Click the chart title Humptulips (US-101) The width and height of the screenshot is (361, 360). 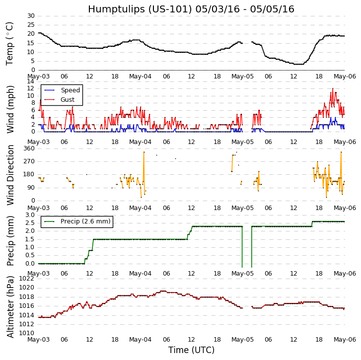[x=191, y=9]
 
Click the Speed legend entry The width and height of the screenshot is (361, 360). [x=70, y=90]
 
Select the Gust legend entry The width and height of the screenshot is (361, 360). [x=68, y=100]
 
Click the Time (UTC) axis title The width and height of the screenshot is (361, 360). [x=191, y=350]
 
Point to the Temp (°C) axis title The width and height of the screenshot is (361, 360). [x=10, y=43]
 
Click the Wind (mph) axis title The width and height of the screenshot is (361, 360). [x=10, y=109]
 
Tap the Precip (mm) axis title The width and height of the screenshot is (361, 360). [x=10, y=240]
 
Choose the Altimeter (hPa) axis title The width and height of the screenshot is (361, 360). [x=10, y=306]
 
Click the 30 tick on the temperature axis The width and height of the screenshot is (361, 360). [x=31, y=16]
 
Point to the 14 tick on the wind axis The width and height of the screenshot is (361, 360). [x=31, y=81]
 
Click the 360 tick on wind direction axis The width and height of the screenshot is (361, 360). [x=29, y=148]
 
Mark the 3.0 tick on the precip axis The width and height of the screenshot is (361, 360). [x=30, y=215]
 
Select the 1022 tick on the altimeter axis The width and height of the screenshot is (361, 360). [x=27, y=279]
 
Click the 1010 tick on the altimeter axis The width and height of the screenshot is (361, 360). [x=27, y=333]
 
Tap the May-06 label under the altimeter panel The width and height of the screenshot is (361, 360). [x=345, y=340]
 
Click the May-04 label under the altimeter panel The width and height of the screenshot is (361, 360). [x=141, y=340]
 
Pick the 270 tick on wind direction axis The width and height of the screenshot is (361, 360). [x=29, y=161]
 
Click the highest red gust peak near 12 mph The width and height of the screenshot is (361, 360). [x=333, y=89]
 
